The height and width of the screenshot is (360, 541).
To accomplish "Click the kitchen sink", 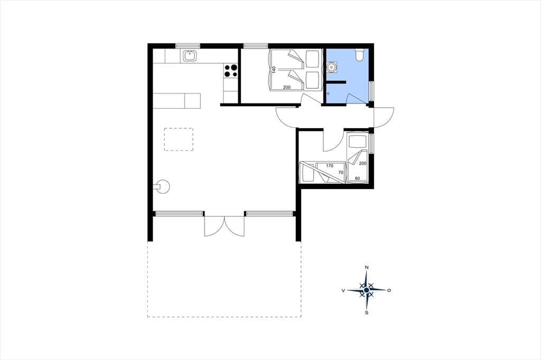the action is tap(190, 55).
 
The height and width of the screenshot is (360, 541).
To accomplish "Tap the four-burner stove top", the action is tap(231, 71).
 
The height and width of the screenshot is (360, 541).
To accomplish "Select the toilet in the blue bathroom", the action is tap(359, 54).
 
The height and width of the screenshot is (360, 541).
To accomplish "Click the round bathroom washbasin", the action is tap(332, 67).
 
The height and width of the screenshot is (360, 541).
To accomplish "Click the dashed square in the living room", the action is tap(179, 139).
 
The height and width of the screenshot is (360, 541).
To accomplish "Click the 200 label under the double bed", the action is tap(287, 88).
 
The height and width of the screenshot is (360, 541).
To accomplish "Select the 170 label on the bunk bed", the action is tap(330, 166).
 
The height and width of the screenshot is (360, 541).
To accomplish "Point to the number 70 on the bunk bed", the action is tap(341, 173).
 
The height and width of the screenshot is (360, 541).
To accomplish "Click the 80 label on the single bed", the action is tap(357, 178).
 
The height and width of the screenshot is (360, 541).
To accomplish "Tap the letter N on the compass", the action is tap(367, 268).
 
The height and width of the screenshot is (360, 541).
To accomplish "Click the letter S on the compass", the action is tap(367, 313).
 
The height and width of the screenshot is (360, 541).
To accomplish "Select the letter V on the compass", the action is tap(343, 291).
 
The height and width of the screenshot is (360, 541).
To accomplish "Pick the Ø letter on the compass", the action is tap(389, 291).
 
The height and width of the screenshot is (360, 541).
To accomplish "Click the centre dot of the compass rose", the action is tap(367, 290).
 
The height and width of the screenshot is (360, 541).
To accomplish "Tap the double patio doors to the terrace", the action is tap(224, 226).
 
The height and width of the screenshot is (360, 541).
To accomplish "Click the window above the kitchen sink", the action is tap(188, 45).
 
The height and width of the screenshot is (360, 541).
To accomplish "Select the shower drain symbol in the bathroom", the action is tap(328, 93).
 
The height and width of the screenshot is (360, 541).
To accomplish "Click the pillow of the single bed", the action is tap(357, 141).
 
